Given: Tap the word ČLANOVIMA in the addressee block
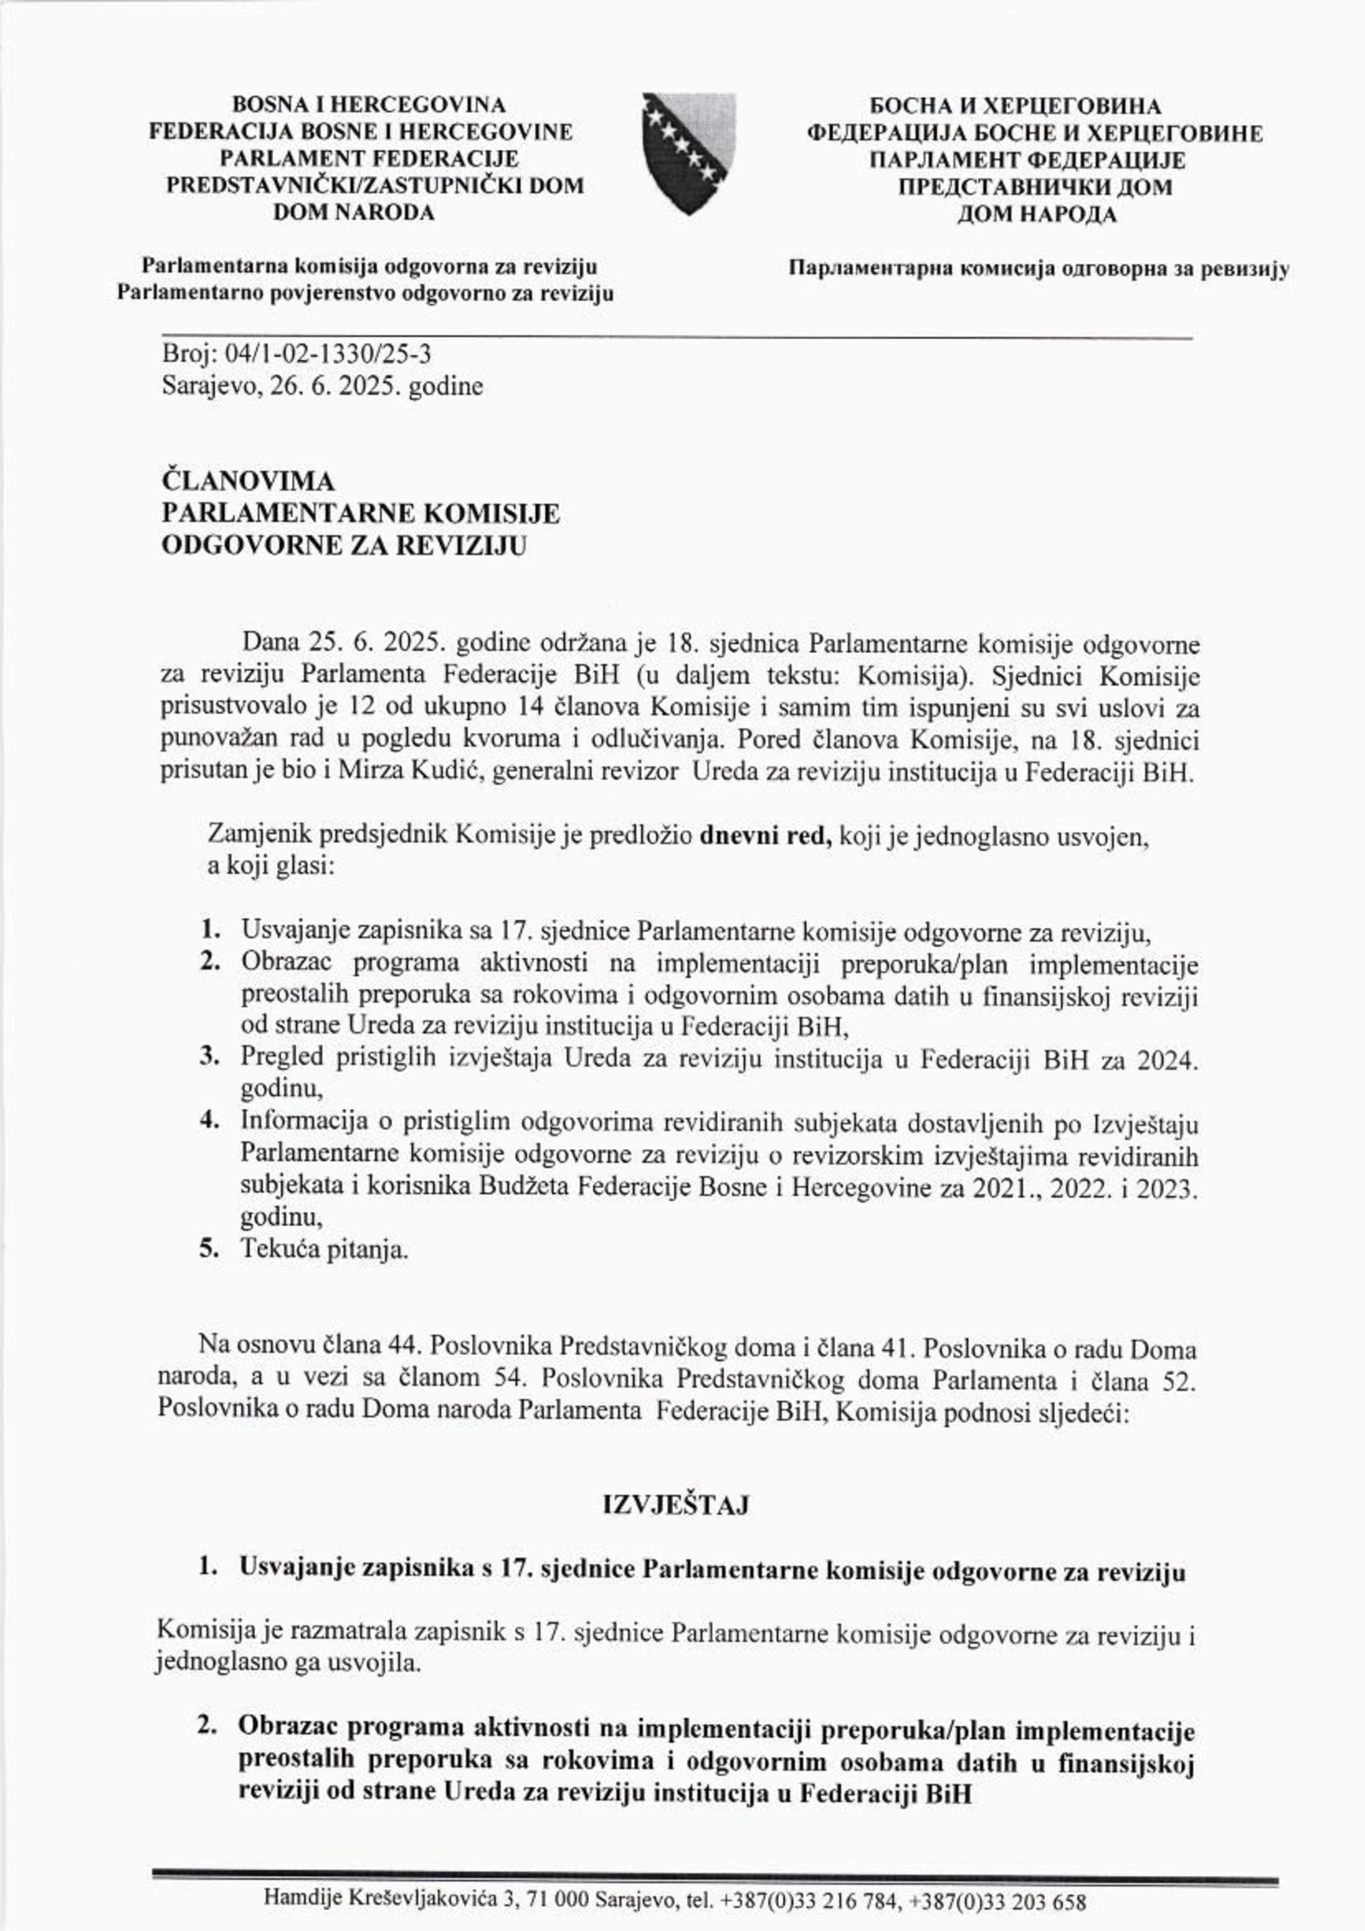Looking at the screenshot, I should coord(247,482).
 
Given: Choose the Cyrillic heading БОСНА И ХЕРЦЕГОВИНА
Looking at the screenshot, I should coord(1016,107).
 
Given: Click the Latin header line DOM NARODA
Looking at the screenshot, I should coord(353,213).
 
